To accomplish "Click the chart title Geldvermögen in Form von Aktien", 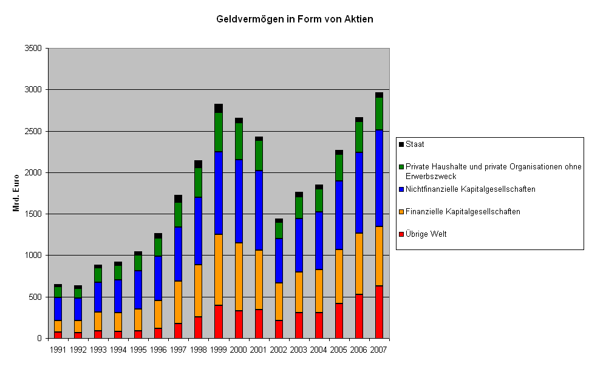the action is point(294,19).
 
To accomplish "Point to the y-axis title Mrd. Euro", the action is point(16,193).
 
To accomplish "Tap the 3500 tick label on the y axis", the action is point(33,49).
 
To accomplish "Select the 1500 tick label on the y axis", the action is point(33,214).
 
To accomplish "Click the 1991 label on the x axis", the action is point(58,350).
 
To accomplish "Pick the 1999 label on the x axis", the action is point(218,350).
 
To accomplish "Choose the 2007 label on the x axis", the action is point(379,350).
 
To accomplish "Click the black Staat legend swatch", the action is point(401,144).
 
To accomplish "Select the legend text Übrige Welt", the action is point(426,234).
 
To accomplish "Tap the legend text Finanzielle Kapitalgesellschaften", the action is point(463,211).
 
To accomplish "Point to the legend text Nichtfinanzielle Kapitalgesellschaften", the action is point(471,189).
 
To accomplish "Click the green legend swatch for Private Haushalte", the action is point(401,167).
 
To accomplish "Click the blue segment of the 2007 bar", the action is point(379,178).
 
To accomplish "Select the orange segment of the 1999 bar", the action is point(219,270).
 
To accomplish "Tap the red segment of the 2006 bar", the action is point(359,316).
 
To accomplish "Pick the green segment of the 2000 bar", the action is point(239,141).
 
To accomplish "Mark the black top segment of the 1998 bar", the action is point(199,164).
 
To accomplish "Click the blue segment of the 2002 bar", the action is point(279,261).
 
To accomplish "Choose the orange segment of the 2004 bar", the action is point(319,291).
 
